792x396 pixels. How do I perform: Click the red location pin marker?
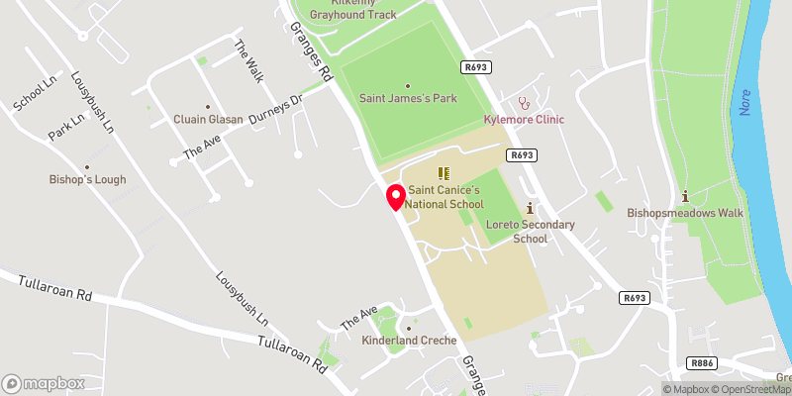point(395,196)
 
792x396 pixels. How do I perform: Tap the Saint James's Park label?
point(407,99)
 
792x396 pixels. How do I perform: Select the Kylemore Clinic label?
point(523,120)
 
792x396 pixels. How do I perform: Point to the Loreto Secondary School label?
point(531,232)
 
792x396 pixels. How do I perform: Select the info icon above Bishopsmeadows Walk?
point(684,195)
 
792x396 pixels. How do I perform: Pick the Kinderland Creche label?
point(410,341)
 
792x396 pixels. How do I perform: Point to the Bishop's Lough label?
point(87,180)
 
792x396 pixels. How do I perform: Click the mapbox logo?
point(44,383)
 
